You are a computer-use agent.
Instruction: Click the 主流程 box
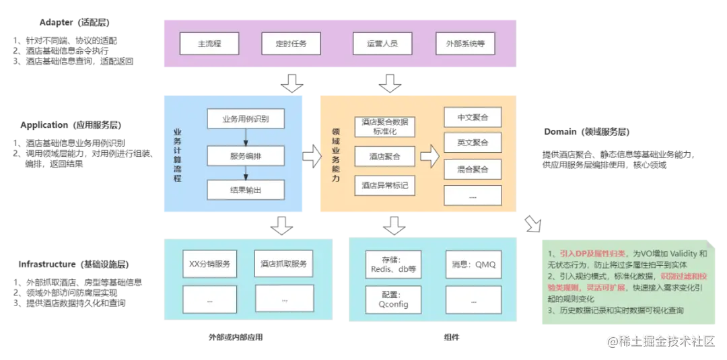(x=209, y=44)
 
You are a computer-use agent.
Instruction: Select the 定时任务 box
(x=290, y=44)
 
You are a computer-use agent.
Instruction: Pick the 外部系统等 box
(x=465, y=44)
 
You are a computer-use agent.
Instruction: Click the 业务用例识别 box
(x=245, y=119)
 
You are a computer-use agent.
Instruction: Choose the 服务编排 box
(x=245, y=155)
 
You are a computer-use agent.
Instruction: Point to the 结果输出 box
(x=245, y=190)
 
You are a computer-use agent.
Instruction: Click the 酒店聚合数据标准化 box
(x=384, y=127)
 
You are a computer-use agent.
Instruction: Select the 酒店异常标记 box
(x=384, y=184)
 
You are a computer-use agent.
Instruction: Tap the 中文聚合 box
(x=473, y=116)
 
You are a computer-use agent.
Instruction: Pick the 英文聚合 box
(x=473, y=143)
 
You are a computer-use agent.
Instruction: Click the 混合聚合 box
(x=473, y=168)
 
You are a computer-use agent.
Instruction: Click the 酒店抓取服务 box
(x=283, y=264)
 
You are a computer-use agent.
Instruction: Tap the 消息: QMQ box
(x=474, y=264)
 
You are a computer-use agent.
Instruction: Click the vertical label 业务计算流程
(x=177, y=154)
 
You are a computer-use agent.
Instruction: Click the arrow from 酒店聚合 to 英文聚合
(x=429, y=157)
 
